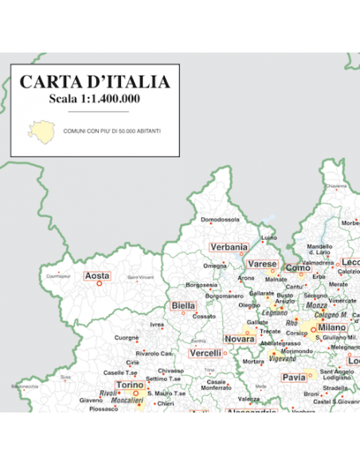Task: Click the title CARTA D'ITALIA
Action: (94, 82)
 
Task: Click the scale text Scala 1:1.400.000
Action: (94, 99)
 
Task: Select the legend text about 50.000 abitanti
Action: (110, 131)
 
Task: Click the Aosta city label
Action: (97, 275)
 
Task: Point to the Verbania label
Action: (229, 247)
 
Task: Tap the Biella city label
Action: (183, 306)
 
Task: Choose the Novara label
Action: (239, 338)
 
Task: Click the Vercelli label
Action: (205, 353)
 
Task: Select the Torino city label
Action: (130, 385)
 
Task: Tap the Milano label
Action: (331, 327)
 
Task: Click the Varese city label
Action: (261, 264)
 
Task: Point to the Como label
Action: (297, 268)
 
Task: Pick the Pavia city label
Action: (294, 377)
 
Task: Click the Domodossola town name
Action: (220, 219)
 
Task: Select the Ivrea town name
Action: (157, 325)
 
